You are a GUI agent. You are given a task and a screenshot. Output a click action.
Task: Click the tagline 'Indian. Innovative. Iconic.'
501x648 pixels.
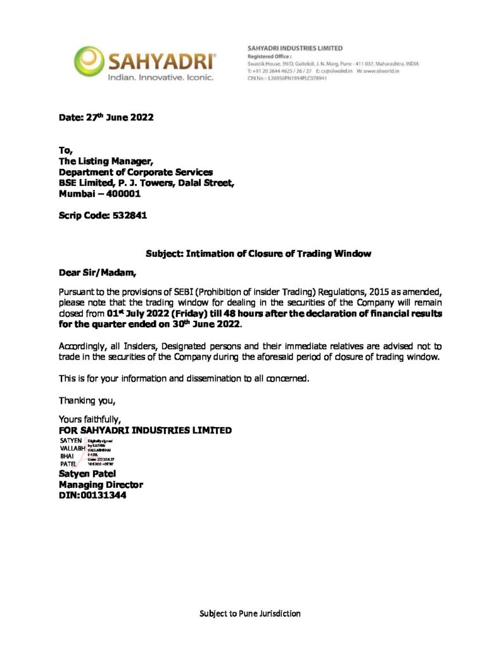pos(161,77)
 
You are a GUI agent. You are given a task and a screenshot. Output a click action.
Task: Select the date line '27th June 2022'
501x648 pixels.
pos(120,117)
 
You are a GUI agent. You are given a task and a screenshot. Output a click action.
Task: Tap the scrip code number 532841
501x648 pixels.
pos(130,216)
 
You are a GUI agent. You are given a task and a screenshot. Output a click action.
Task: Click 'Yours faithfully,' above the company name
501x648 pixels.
pos(90,419)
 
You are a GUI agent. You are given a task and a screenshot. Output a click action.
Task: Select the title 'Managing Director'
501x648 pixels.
pos(101,485)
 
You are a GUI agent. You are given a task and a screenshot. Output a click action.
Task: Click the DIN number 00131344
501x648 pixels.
pos(105,495)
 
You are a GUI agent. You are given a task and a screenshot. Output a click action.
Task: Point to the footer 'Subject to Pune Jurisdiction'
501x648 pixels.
pos(250,613)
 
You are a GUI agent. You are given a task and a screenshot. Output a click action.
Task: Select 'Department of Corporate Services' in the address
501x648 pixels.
pos(136,172)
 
